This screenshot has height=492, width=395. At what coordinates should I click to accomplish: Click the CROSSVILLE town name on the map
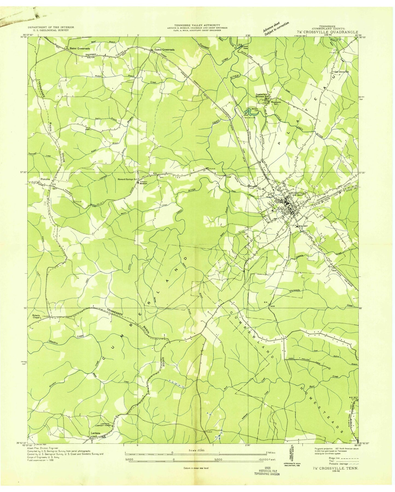tap(296, 193)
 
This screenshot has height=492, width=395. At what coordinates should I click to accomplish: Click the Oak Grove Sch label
tap(342, 72)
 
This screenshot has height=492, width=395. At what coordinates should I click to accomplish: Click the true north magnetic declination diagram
tap(291, 451)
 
